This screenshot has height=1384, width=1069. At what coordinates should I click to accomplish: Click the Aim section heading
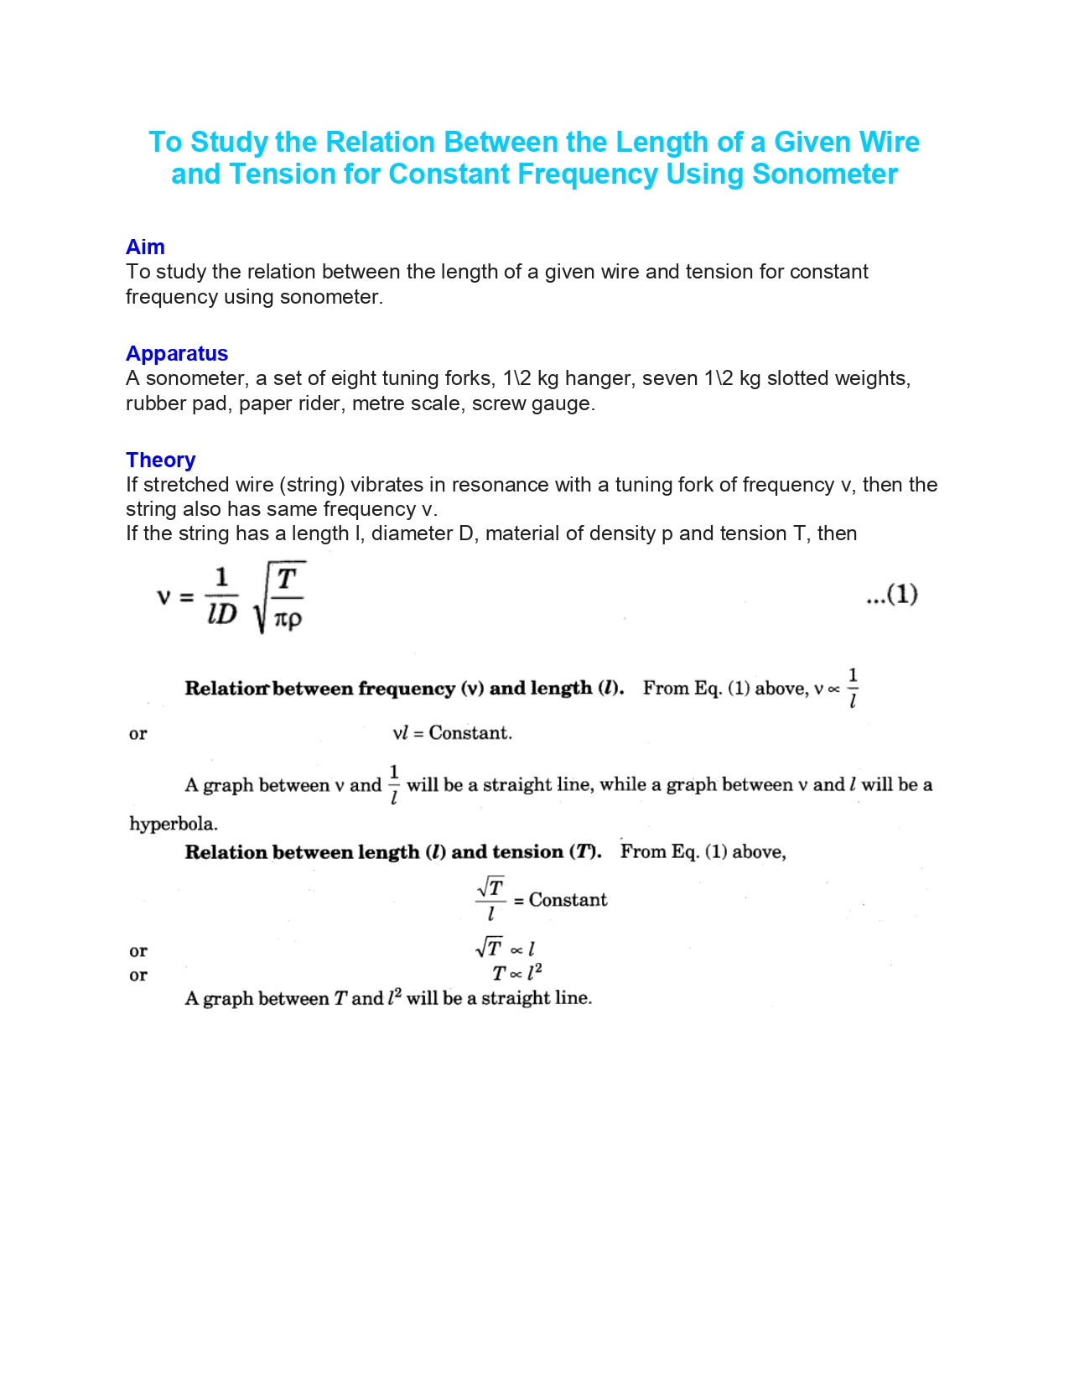click(145, 247)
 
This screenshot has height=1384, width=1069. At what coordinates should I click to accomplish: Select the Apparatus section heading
click(177, 354)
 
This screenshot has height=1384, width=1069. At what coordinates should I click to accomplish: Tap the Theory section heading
click(160, 460)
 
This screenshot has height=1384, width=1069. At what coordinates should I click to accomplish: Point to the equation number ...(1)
click(891, 595)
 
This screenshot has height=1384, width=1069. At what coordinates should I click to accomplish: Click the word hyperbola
click(173, 824)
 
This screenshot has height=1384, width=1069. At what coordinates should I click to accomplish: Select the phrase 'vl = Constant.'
click(452, 733)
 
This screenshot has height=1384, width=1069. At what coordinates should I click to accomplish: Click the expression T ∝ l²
click(516, 974)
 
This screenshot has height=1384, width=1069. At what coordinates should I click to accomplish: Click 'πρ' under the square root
click(288, 620)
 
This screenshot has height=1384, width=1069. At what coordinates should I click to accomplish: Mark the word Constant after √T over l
click(568, 900)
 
